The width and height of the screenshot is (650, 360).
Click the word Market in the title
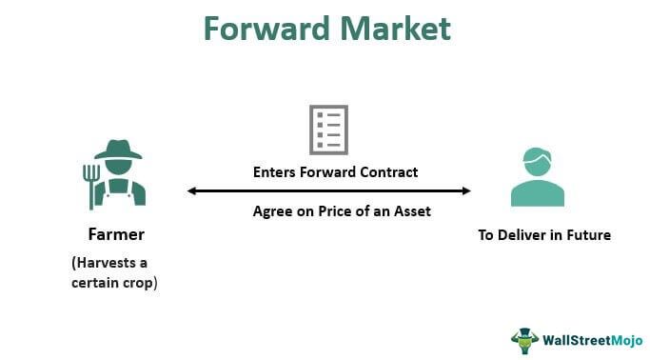pyautogui.click(x=399, y=29)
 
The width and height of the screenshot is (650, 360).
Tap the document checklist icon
pyautogui.click(x=327, y=130)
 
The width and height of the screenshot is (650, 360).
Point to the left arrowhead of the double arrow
pyautogui.click(x=192, y=191)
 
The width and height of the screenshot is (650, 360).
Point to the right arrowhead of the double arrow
pyautogui.click(x=465, y=191)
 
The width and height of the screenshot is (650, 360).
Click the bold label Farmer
pyautogui.click(x=115, y=234)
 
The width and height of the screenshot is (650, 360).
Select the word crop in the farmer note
pyautogui.click(x=136, y=283)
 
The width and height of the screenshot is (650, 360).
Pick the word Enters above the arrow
pyautogui.click(x=275, y=173)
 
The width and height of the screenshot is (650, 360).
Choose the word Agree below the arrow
pyautogui.click(x=272, y=211)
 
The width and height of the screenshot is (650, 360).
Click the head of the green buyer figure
pyautogui.click(x=538, y=162)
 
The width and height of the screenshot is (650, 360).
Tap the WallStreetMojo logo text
pyautogui.click(x=586, y=338)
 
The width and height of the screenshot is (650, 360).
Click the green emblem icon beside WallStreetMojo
pyautogui.click(x=524, y=339)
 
